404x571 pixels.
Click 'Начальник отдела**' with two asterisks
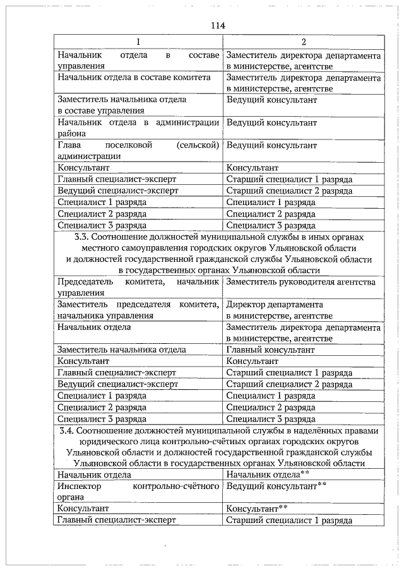[268, 474]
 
